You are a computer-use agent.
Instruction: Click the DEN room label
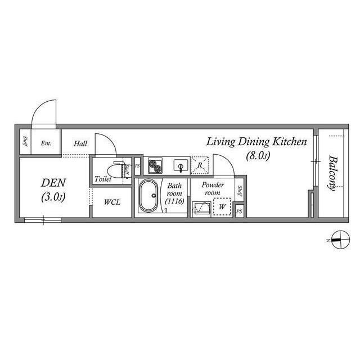point(55,183)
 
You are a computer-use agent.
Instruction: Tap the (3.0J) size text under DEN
point(54,197)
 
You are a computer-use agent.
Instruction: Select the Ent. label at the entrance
point(46,143)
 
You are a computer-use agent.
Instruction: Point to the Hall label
point(80,144)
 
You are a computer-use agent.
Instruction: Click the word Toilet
point(103,179)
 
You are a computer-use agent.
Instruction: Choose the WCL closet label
point(111,202)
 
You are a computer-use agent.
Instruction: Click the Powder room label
point(213,188)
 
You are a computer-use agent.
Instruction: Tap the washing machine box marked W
point(223,207)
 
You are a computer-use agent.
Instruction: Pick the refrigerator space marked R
point(200,165)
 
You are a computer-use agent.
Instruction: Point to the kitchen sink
point(180,166)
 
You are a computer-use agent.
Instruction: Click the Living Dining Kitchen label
point(256,142)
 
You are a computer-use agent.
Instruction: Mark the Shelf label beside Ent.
point(25,143)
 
